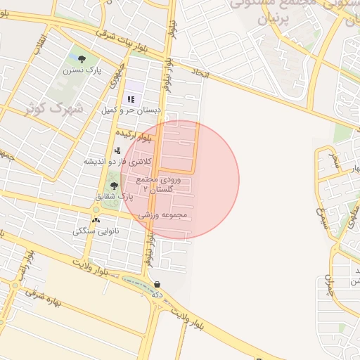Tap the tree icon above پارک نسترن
pyautogui.click(x=83, y=59)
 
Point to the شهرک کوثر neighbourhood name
pyautogui.click(x=53, y=109)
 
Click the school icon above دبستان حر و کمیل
pyautogui.click(x=131, y=99)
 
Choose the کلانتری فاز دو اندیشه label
pyautogui.click(x=117, y=161)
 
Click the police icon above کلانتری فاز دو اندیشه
pyautogui.click(x=117, y=150)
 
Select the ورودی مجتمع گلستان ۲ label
pyautogui.click(x=162, y=185)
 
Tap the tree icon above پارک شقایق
pyautogui.click(x=114, y=186)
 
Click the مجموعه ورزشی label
pyautogui.click(x=162, y=214)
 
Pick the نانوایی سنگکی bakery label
pyautogui.click(x=96, y=231)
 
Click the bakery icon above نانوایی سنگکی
pyautogui.click(x=96, y=220)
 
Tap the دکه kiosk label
pyautogui.click(x=158, y=295)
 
